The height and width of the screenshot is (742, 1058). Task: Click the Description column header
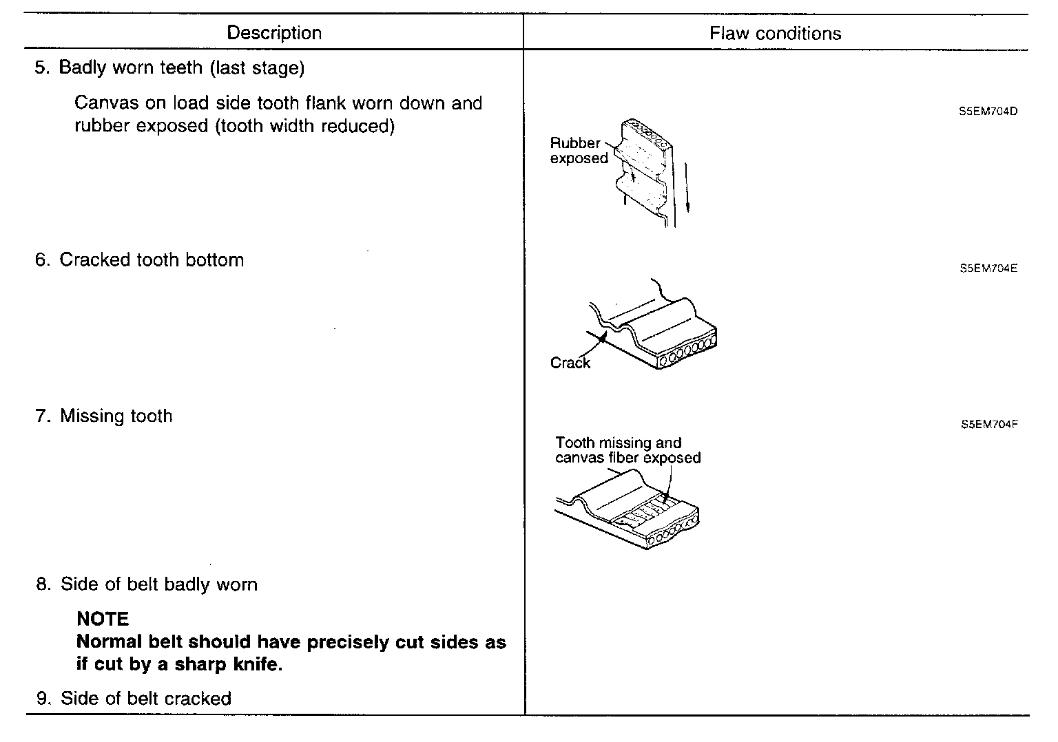[274, 33]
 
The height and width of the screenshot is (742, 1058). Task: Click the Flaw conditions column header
[775, 34]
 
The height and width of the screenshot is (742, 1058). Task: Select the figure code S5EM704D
[988, 112]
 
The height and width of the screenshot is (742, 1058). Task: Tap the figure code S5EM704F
[989, 425]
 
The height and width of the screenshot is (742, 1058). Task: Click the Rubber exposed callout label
[579, 151]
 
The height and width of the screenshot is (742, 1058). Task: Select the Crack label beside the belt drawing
[570, 363]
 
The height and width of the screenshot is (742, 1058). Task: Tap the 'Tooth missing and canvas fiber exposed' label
[627, 451]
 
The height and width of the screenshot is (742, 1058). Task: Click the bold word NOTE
[103, 619]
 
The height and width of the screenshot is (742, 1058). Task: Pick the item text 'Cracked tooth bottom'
[152, 260]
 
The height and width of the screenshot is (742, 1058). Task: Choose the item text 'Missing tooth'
[116, 416]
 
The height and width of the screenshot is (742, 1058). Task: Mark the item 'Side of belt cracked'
[145, 699]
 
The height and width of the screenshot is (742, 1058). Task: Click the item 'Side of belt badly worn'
[158, 584]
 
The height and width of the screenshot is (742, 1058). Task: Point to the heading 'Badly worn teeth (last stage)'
[181, 67]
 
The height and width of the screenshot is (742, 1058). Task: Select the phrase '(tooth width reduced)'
[305, 126]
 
